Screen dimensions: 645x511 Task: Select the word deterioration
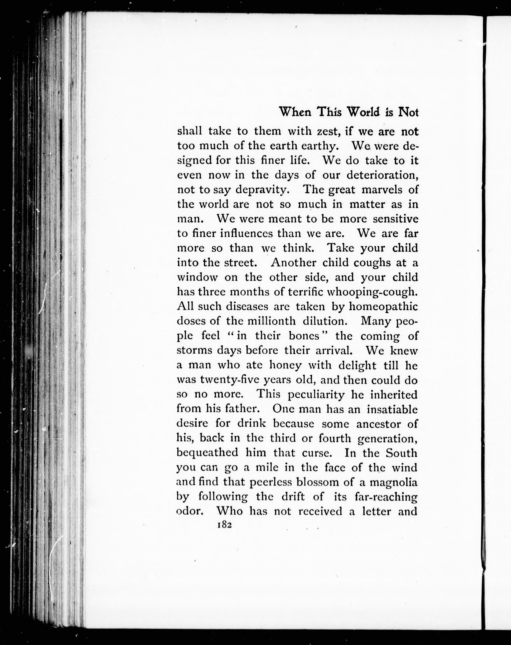pyautogui.click(x=382, y=175)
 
